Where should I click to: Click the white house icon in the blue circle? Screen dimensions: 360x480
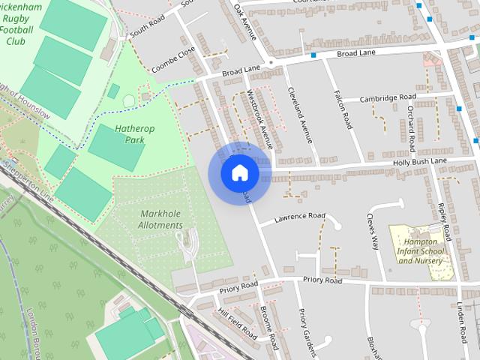point(239,173)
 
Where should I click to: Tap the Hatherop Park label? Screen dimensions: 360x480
point(135,134)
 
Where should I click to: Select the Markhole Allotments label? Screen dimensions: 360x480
point(161,219)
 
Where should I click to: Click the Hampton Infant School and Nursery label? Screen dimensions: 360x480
point(421,250)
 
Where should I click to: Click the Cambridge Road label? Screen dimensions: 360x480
point(388,98)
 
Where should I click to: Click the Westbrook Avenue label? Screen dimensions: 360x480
point(259,118)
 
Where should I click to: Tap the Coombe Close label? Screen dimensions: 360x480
point(173,59)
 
